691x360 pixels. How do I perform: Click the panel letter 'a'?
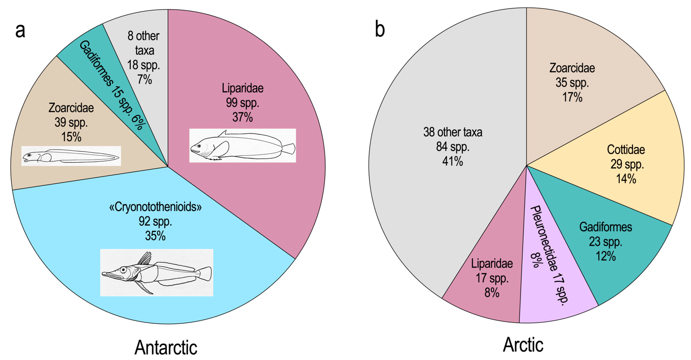point(20,30)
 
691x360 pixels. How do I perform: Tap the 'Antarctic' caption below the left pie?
point(166,347)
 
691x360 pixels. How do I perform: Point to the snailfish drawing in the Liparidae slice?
point(243,145)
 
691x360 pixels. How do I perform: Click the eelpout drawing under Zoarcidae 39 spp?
point(71,156)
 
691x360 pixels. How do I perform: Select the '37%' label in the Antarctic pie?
point(243,117)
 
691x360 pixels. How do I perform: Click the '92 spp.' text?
point(155,222)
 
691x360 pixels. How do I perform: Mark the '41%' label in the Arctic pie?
point(452,161)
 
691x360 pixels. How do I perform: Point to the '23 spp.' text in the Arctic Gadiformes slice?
point(605,242)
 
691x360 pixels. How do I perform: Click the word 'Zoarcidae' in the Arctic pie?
point(572,68)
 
